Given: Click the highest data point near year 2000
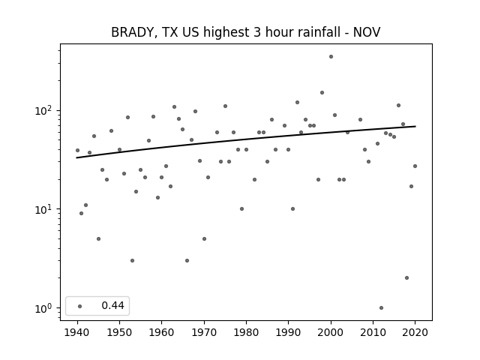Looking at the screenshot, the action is pos(331,57).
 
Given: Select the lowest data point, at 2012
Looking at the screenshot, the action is pos(381,307).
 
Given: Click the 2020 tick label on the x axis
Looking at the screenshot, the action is pos(415,332).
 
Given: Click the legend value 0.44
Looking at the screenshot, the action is pos(112,305).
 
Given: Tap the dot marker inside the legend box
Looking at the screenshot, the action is pos(80,306).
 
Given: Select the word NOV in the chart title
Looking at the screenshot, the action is pos(367,32).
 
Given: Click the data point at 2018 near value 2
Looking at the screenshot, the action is pos(406,278).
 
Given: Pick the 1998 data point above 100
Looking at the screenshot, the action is pos(322,92).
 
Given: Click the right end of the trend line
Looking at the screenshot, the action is pos(415,126).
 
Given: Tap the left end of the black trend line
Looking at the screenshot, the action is pos(76,157).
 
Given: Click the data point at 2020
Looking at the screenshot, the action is pos(415,166).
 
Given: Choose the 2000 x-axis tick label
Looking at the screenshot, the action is pos(331,332).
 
